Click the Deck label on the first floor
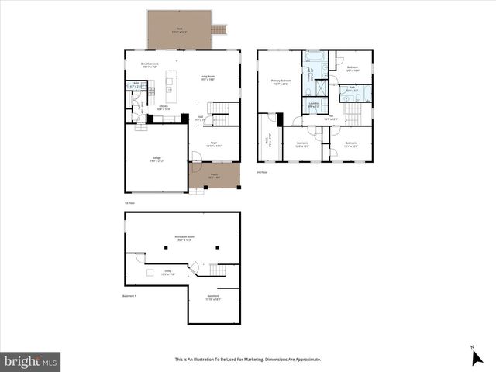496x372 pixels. pyautogui.click(x=179, y=29)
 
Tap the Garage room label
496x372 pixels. pyautogui.click(x=157, y=160)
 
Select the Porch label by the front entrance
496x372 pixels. pyautogui.click(x=215, y=176)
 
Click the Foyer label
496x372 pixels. pyautogui.click(x=215, y=144)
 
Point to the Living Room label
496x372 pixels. pyautogui.click(x=208, y=77)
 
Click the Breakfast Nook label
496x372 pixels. pyautogui.click(x=150, y=65)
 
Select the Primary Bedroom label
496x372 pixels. pyautogui.click(x=280, y=82)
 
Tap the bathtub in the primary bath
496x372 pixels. pyautogui.click(x=316, y=57)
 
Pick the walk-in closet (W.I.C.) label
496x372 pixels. pyautogui.click(x=269, y=140)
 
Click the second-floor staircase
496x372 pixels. pyautogui.click(x=353, y=114)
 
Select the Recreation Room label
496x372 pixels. pyautogui.click(x=184, y=239)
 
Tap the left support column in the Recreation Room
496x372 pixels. pyautogui.click(x=166, y=248)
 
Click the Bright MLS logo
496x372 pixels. pyautogui.click(x=31, y=360)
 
